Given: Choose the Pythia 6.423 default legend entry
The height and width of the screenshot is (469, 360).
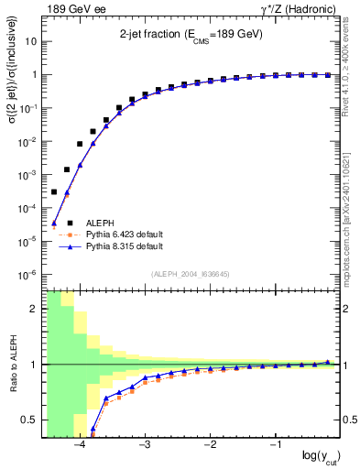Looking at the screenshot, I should coord(125,234).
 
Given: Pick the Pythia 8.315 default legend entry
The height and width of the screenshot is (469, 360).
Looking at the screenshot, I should coord(125,246).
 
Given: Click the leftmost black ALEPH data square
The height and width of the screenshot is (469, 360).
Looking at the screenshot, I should coord(54,191).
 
